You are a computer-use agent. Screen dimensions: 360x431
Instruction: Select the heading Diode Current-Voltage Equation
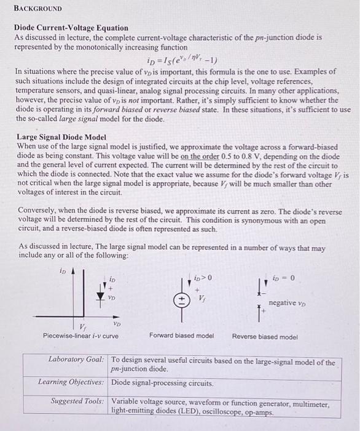72,28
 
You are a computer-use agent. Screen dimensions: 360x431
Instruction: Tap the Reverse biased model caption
265,336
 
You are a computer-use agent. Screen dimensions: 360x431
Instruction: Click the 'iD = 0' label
284,279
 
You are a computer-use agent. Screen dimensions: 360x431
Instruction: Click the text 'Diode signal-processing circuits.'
162,383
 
